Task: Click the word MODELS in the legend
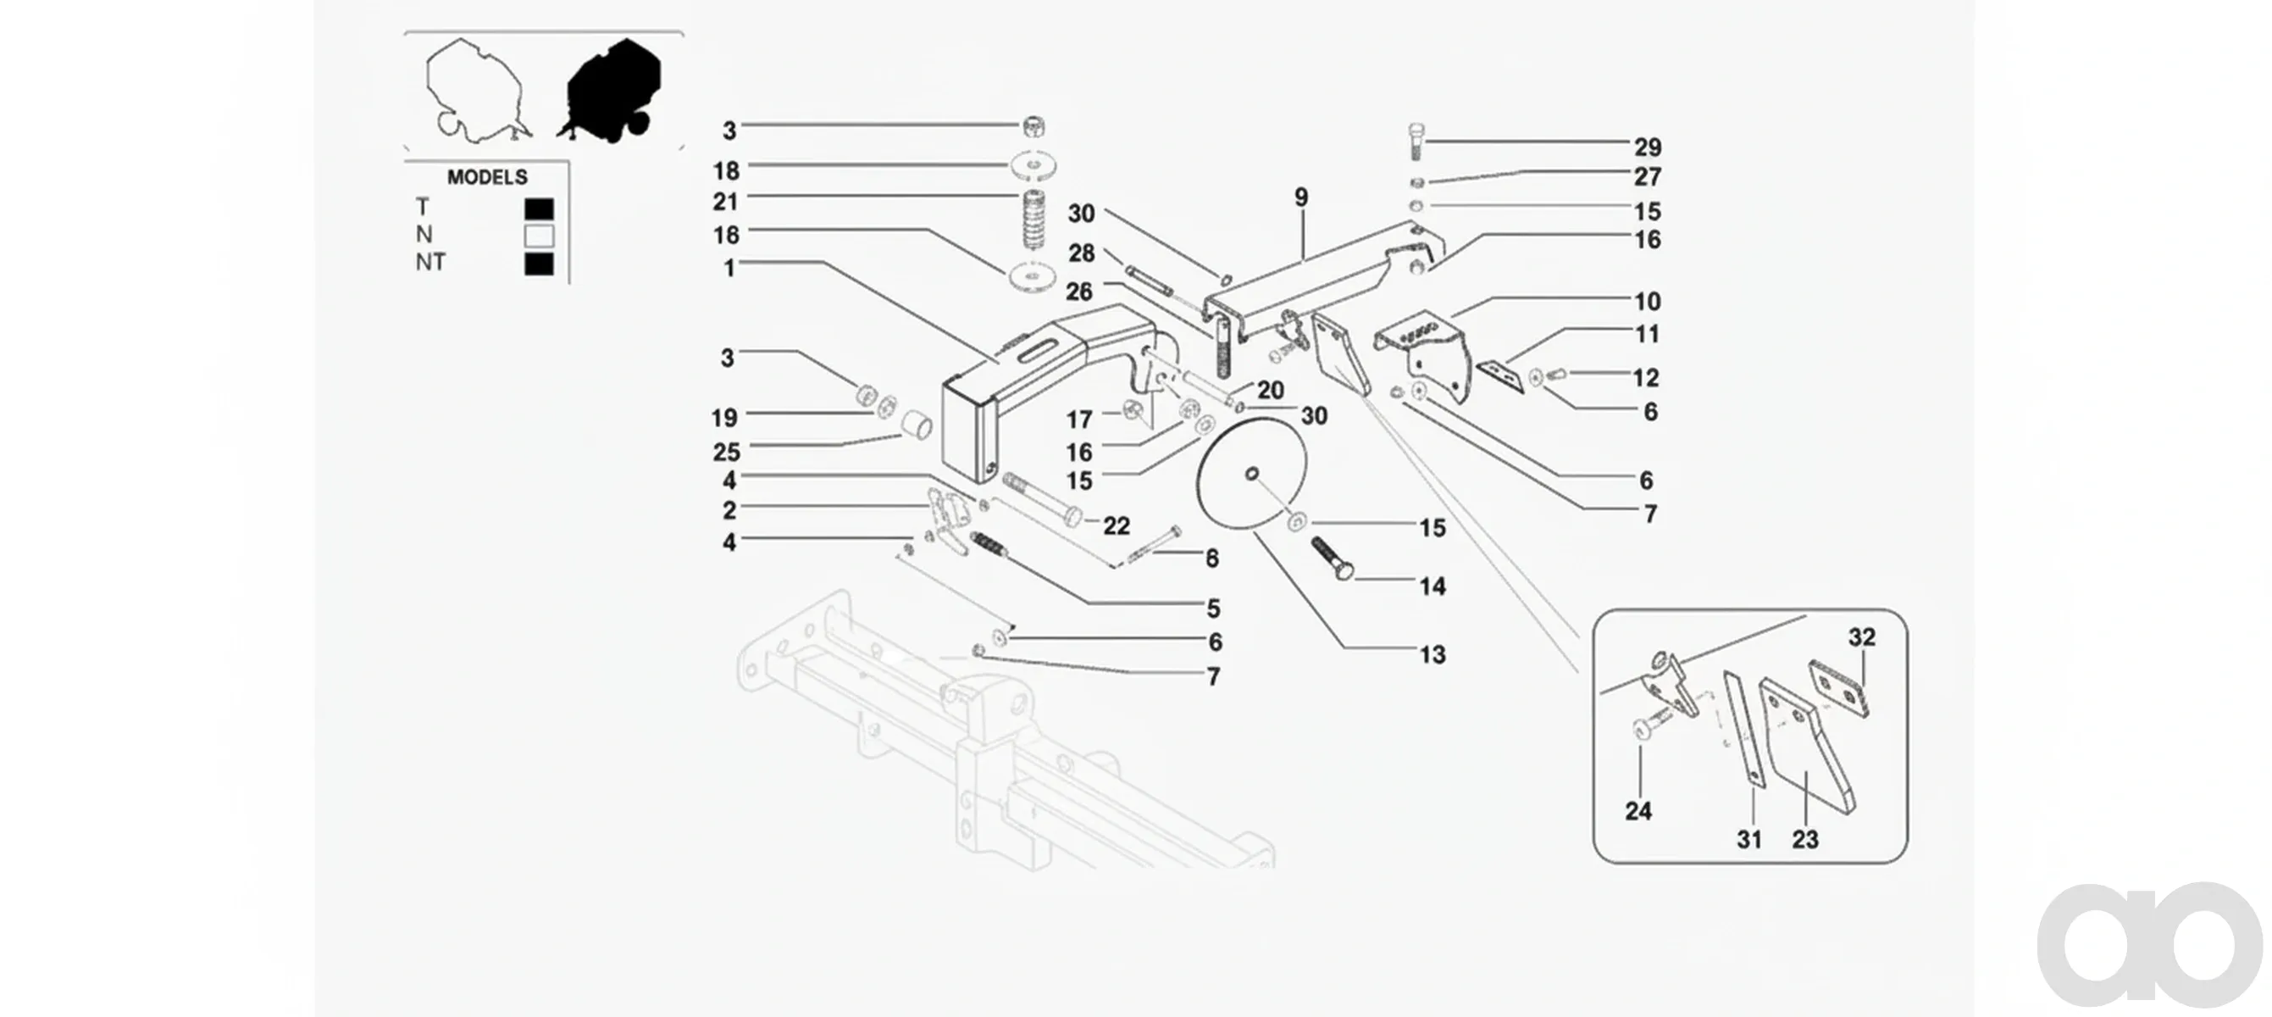tap(487, 177)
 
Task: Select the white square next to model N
tap(539, 236)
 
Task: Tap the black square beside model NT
tap(539, 264)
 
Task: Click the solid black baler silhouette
tap(610, 90)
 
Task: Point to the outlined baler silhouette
tap(476, 90)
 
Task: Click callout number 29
tap(1648, 147)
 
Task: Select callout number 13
tap(1432, 654)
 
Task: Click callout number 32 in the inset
tap(1862, 636)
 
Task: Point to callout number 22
tap(1117, 525)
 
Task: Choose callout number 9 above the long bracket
tap(1302, 197)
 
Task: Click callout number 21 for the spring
tap(726, 202)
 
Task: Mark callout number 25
tap(727, 453)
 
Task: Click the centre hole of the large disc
tap(1251, 475)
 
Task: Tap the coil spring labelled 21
tap(1033, 220)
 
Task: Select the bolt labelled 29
tap(1415, 142)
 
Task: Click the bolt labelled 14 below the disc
tap(1332, 559)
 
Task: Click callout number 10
tap(1648, 302)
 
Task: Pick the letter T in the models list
tap(423, 208)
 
